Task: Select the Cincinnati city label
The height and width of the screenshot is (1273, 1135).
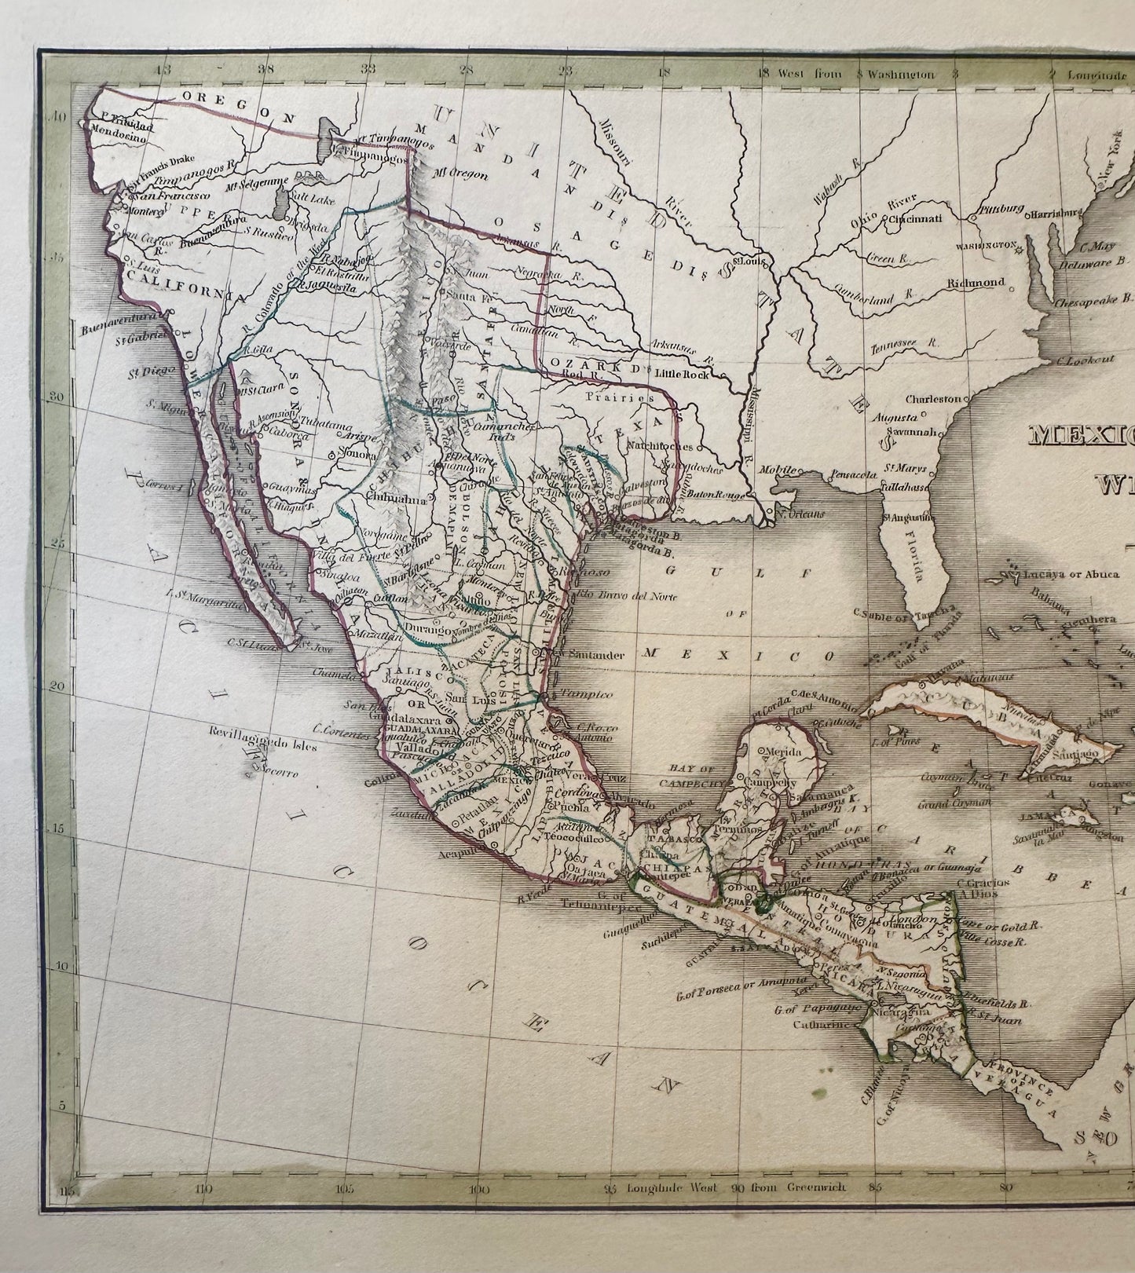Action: [915, 219]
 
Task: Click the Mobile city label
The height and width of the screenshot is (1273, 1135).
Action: [778, 469]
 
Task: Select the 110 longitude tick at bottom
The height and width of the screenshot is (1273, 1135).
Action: [204, 1189]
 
